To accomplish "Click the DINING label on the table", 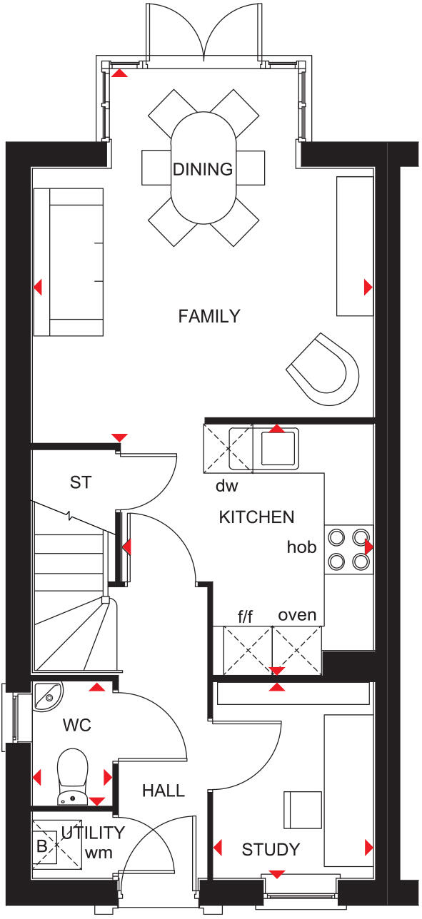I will tap(203, 170).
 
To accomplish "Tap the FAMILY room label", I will tap(209, 316).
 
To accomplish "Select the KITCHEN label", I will tap(256, 517).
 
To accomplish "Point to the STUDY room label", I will tap(271, 850).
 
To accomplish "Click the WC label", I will tap(77, 726).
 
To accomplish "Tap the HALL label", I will tap(163, 791).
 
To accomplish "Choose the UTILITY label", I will tap(93, 833).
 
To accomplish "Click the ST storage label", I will tap(81, 482).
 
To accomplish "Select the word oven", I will tap(297, 614).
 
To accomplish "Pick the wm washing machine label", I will tap(99, 852).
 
